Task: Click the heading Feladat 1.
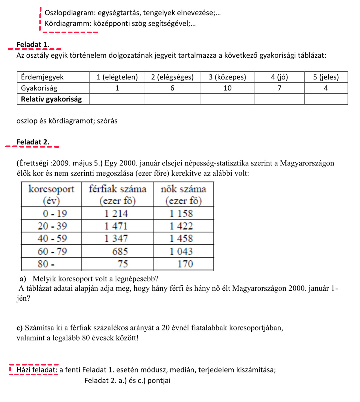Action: tap(33, 45)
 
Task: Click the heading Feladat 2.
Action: tap(33, 142)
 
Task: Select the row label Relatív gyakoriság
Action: tap(51, 99)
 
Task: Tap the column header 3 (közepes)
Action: tap(227, 77)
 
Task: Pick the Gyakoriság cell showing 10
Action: tap(227, 88)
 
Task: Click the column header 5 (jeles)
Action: tap(326, 77)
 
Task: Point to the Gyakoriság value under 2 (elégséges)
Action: tap(172, 88)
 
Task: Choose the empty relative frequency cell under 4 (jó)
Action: tap(279, 99)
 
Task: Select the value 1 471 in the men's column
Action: tap(116, 226)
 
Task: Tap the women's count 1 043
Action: tap(181, 251)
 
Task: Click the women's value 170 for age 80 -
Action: tap(185, 264)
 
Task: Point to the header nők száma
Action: tap(183, 189)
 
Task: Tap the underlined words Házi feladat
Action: tap(37, 370)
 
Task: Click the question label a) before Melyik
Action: tap(23, 279)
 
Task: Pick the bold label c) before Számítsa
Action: tap(19, 328)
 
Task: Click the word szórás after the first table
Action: tap(107, 121)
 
